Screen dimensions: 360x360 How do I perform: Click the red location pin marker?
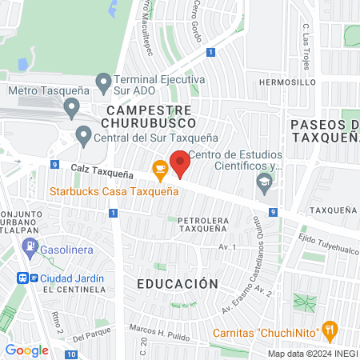tap(180, 164)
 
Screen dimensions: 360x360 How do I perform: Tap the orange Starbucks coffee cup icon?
tap(160, 168)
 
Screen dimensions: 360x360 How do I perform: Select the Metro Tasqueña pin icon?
tap(71, 106)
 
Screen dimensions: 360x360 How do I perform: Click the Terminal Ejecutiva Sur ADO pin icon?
tap(103, 82)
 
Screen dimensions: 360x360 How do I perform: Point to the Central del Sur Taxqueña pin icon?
tap(83, 135)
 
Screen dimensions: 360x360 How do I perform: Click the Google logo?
tap(26, 350)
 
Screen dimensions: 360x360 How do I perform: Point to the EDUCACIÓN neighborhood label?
tap(177, 284)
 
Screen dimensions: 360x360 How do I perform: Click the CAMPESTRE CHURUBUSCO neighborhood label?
tap(149, 116)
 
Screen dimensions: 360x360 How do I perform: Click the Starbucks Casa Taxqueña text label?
tap(114, 191)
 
